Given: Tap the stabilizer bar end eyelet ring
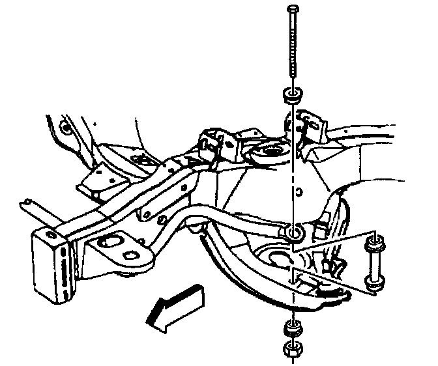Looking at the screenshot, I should pyautogui.click(x=294, y=234).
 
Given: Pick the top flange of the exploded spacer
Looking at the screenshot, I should pyautogui.click(x=373, y=246).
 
